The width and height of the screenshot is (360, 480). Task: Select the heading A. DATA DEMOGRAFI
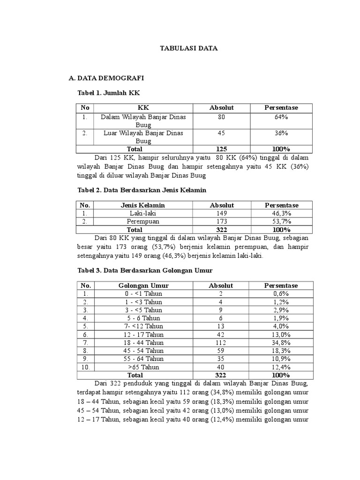click(x=106, y=77)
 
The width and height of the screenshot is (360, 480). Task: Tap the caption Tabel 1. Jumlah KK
click(x=109, y=93)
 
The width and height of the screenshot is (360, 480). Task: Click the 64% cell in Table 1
click(x=281, y=117)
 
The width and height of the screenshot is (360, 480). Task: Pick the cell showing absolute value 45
click(x=221, y=133)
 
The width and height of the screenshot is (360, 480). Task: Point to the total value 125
click(x=221, y=149)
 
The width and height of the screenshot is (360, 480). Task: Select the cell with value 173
click(x=221, y=221)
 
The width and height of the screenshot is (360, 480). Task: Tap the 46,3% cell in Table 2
click(x=281, y=213)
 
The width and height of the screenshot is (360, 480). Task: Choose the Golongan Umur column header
click(x=143, y=285)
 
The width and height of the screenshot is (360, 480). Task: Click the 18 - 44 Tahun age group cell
click(x=143, y=342)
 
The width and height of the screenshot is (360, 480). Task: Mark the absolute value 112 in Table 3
click(x=221, y=342)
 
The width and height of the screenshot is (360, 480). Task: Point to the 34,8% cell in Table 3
click(x=281, y=342)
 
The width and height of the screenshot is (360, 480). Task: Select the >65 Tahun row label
click(x=143, y=367)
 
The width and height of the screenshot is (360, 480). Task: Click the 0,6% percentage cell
click(x=281, y=294)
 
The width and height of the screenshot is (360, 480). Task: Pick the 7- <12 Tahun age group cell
click(x=143, y=326)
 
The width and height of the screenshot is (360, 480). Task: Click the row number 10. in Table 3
click(x=85, y=367)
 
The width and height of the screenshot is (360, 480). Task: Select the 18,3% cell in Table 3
click(x=281, y=351)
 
